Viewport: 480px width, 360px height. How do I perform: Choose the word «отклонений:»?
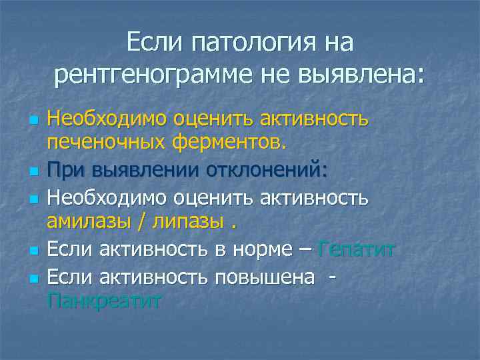tap(273, 170)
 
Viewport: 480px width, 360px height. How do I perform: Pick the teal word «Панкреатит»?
tap(104, 302)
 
